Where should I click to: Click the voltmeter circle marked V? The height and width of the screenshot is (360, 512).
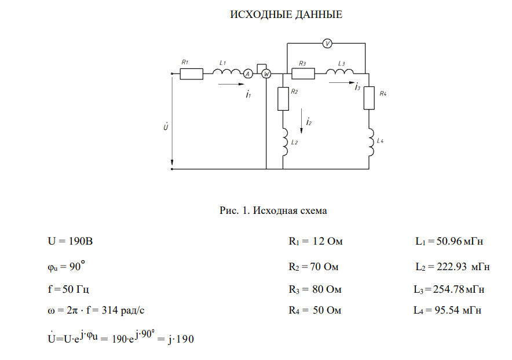327,43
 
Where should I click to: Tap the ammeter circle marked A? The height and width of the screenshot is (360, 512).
247,74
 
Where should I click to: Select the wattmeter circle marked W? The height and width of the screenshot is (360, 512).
266,74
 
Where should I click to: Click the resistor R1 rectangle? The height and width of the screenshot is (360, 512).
191,74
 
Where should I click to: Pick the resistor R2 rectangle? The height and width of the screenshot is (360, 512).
283,99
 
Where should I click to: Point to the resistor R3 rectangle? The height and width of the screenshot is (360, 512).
303,74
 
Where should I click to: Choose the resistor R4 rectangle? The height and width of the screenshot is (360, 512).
369,99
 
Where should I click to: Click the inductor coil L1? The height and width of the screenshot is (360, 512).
226,72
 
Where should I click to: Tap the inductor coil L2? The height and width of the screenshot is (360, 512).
284,141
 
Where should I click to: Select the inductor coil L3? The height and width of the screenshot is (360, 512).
339,72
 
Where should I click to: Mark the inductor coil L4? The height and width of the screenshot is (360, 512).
370,141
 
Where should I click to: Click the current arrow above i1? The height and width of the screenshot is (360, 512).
230,85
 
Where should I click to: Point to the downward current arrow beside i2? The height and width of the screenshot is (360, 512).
301,122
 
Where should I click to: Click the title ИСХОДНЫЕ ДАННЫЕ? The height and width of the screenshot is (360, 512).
286,14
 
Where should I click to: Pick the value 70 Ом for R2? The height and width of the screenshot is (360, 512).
323,267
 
